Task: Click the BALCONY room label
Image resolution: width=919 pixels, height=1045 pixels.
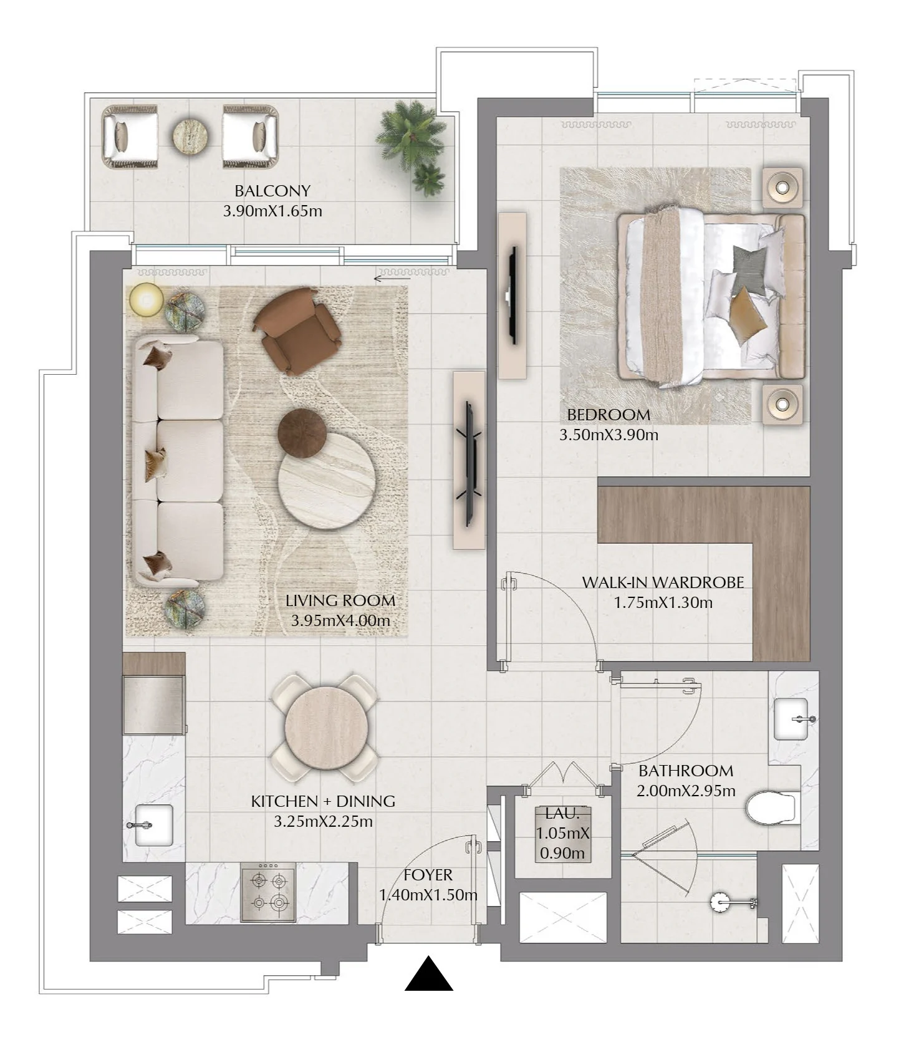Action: tap(272, 191)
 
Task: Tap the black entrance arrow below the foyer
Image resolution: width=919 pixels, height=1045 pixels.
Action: tap(429, 973)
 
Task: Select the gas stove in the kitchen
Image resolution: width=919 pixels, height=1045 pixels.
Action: tap(269, 892)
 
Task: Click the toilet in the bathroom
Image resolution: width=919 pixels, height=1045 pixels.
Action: tap(772, 807)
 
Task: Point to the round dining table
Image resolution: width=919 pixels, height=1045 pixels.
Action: tap(324, 727)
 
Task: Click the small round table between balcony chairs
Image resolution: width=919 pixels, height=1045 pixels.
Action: tap(190, 135)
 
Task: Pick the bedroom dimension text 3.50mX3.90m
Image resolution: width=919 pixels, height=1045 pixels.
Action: tap(609, 435)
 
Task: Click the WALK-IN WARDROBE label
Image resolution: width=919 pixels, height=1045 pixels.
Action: tap(663, 582)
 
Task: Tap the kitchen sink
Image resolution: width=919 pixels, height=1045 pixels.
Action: tap(153, 825)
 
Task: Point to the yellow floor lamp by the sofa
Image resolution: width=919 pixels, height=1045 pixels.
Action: tap(147, 300)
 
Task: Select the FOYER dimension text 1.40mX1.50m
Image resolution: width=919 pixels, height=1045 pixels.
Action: tap(428, 895)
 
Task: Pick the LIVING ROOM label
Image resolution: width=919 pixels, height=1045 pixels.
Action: tap(340, 600)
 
